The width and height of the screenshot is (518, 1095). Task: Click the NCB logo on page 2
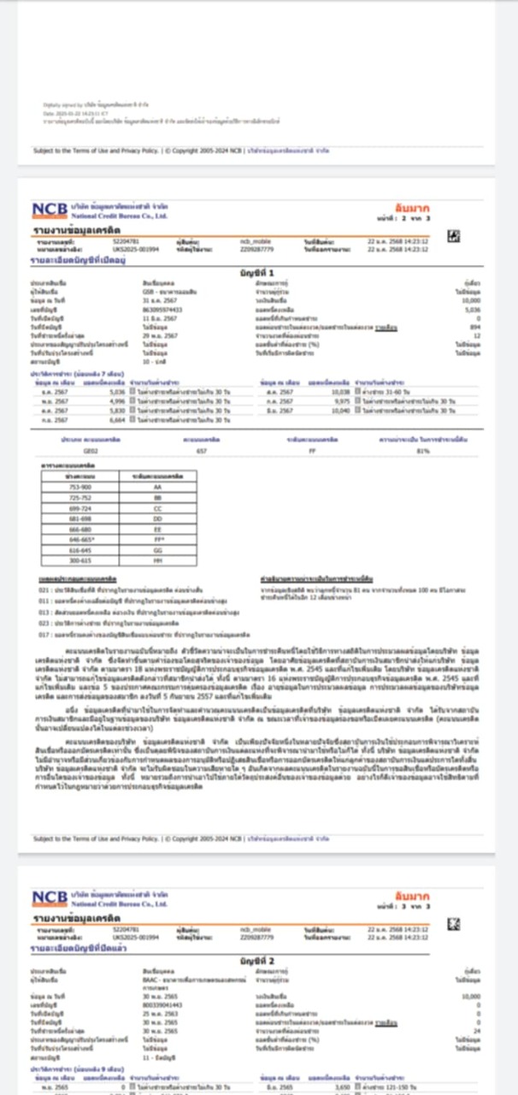click(x=50, y=210)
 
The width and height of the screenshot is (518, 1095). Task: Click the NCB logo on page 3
click(x=50, y=898)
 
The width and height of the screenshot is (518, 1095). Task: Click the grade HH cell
click(x=157, y=560)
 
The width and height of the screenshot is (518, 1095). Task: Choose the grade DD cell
click(x=157, y=518)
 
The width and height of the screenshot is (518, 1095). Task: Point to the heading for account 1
click(x=258, y=272)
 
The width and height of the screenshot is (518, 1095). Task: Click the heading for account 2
click(x=258, y=962)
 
